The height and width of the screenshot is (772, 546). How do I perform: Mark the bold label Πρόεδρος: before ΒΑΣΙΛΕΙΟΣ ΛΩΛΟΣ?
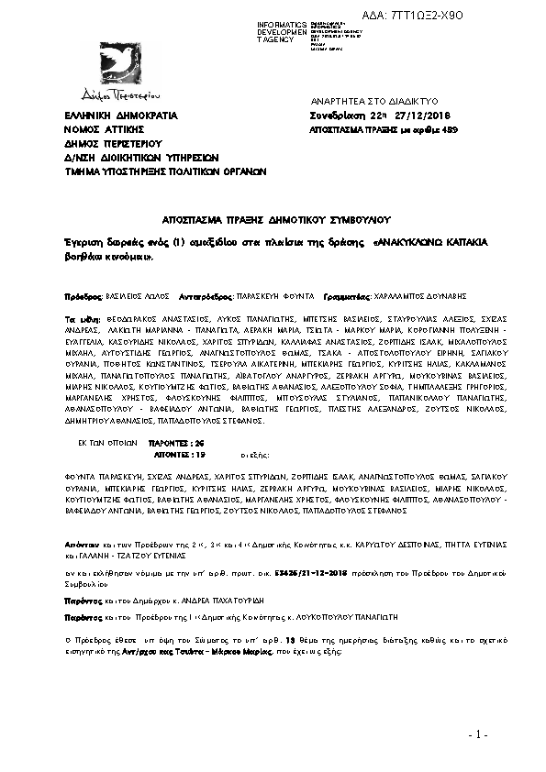(x=81, y=297)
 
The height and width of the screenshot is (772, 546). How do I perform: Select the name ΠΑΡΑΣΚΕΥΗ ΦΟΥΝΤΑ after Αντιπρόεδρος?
(x=275, y=297)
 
